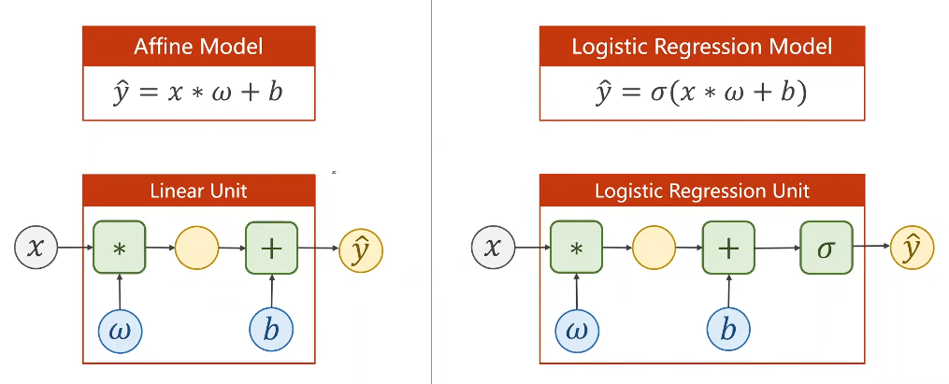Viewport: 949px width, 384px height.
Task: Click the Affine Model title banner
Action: tap(198, 47)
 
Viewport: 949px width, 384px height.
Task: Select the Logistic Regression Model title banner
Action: tap(701, 47)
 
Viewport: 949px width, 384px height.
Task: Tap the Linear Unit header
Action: tap(198, 191)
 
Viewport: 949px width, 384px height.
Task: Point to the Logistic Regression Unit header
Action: tap(701, 191)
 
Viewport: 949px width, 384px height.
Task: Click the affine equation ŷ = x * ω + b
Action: tap(198, 93)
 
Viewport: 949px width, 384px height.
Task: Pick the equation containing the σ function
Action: tap(701, 94)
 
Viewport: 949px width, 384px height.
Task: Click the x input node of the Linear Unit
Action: tap(36, 248)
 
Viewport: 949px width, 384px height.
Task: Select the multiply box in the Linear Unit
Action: tap(120, 248)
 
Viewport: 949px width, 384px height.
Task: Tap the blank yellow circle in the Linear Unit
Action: tap(196, 248)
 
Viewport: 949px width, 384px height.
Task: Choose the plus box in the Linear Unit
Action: tap(272, 248)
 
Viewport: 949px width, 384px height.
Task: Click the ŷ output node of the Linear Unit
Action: tap(361, 249)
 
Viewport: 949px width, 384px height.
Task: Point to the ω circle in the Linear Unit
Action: tap(120, 330)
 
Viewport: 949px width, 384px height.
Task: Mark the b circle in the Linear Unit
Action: tap(272, 330)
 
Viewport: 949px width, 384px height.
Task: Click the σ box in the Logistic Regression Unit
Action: tap(827, 248)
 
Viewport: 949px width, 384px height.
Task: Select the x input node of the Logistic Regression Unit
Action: tap(494, 248)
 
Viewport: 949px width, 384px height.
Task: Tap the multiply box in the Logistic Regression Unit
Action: tap(576, 248)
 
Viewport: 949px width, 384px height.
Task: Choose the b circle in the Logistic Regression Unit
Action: tap(728, 330)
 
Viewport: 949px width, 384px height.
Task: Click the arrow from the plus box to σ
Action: tap(778, 248)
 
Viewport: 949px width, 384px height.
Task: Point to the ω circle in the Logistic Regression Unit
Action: tap(577, 330)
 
